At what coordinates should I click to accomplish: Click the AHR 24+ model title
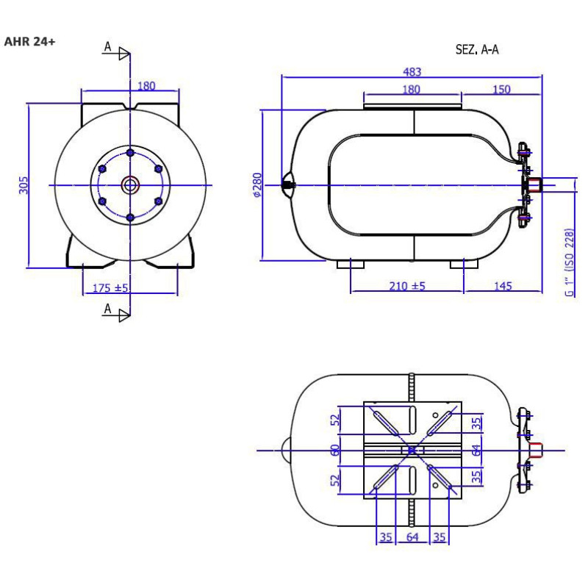[29, 41]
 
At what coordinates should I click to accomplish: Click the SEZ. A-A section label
[477, 49]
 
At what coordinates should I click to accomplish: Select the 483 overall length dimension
[412, 71]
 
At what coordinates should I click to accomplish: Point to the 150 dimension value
[501, 89]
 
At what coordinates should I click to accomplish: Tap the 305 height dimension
[24, 185]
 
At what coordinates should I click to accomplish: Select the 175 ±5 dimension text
[110, 288]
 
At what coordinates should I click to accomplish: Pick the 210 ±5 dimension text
[407, 286]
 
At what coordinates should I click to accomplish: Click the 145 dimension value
[503, 286]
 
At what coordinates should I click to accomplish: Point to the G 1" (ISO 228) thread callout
[569, 262]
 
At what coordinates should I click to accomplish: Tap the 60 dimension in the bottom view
[335, 450]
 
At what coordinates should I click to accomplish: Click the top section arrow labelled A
[116, 51]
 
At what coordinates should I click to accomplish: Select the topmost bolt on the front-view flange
[130, 153]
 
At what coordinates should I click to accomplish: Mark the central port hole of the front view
[130, 185]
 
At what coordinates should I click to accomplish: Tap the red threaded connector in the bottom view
[536, 451]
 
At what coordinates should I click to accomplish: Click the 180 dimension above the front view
[146, 86]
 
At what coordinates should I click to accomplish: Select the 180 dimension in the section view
[411, 89]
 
